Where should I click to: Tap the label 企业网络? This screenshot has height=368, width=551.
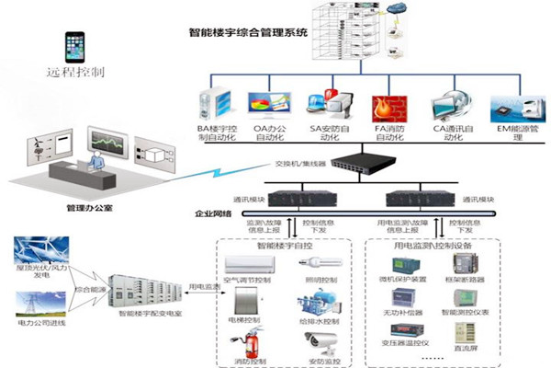pyautogui.click(x=213, y=213)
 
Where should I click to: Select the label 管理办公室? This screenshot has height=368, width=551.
pyautogui.click(x=90, y=208)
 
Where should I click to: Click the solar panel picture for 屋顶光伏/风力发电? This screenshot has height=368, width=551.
pyautogui.click(x=34, y=254)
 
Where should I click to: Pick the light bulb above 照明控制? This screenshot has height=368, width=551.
pyautogui.click(x=320, y=263)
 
